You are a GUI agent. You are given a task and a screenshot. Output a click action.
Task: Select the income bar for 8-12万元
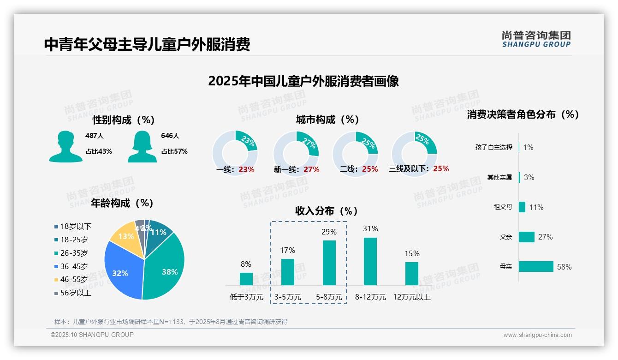[x=370, y=262]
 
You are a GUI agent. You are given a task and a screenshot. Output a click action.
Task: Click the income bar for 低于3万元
[x=246, y=279]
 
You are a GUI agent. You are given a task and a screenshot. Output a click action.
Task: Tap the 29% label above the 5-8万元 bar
[x=329, y=232]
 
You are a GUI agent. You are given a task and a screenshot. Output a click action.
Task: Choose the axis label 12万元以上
[x=412, y=297]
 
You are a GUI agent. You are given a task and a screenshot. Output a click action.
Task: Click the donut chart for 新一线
[x=296, y=153]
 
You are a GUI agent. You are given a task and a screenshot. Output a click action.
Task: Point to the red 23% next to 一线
[x=246, y=169]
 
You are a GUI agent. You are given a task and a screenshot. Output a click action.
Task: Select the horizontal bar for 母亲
[x=536, y=267]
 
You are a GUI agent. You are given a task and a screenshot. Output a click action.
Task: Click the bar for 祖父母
[x=522, y=207]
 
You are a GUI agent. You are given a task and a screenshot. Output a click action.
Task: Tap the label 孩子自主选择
[x=493, y=147]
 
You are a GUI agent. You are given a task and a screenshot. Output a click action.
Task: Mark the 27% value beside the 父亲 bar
[x=545, y=237]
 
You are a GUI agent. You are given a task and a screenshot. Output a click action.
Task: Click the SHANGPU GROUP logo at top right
[x=536, y=39]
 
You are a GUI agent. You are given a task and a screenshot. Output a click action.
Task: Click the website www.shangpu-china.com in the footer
[x=537, y=335]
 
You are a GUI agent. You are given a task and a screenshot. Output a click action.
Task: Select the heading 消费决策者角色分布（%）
[x=523, y=114]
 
